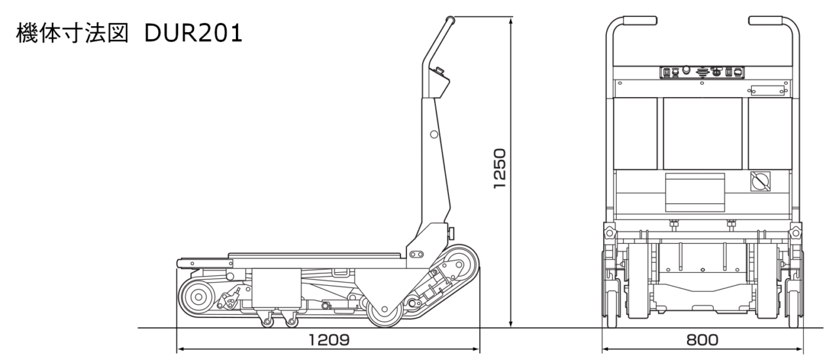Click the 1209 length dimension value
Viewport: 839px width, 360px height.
[329, 340]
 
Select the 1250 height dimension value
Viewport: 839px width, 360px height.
[500, 169]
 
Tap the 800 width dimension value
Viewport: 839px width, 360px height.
[702, 340]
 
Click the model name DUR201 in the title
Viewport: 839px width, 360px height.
[193, 33]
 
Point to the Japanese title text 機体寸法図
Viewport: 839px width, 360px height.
[72, 33]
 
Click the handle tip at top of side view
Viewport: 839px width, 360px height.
[450, 20]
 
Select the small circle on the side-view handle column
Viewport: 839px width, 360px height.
[434, 134]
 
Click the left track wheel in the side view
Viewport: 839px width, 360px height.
[197, 297]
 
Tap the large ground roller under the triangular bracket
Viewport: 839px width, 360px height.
[385, 310]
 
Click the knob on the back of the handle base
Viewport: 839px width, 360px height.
[452, 233]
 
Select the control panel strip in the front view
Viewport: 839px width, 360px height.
[702, 72]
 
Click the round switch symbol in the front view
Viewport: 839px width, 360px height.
[760, 182]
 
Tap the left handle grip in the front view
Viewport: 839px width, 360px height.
[639, 20]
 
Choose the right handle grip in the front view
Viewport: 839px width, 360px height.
[765, 20]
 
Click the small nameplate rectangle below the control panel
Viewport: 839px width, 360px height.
[768, 90]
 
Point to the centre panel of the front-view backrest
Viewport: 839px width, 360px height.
[702, 133]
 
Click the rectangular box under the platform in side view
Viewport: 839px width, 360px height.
[277, 288]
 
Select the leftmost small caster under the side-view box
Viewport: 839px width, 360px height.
[267, 321]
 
